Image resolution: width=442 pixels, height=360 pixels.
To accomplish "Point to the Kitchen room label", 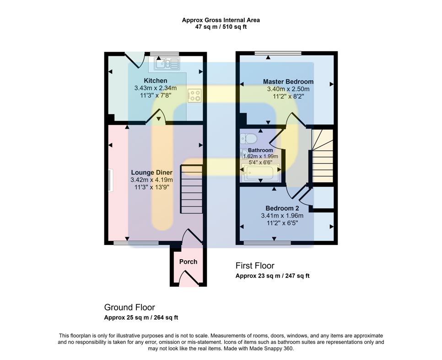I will pos(156,81).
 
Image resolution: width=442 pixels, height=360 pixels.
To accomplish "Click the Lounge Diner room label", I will pos(151,172).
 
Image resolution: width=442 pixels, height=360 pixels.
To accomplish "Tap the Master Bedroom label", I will pos(288,82).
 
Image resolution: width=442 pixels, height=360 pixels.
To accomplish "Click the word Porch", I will pos(188,262).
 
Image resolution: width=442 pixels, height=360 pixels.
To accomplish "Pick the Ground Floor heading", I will pos(129,307).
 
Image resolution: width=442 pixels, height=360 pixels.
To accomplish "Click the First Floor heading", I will pos(255,266).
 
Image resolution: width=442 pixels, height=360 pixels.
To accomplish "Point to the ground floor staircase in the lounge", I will pos(192,189).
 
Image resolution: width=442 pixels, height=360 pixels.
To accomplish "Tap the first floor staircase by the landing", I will pos(323,156).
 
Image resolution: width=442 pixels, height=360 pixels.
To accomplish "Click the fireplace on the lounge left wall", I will pos(110,180).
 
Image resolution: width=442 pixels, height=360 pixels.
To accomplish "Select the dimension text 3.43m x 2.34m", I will pos(156,88).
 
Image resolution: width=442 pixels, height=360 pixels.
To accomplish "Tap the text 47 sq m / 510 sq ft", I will pos(221,27).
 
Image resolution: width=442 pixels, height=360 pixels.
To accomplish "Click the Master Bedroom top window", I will pos(278,53).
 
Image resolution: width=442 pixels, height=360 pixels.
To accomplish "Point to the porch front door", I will pos(188,279).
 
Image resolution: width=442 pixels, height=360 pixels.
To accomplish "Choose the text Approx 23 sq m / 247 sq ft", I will pos(272,276).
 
